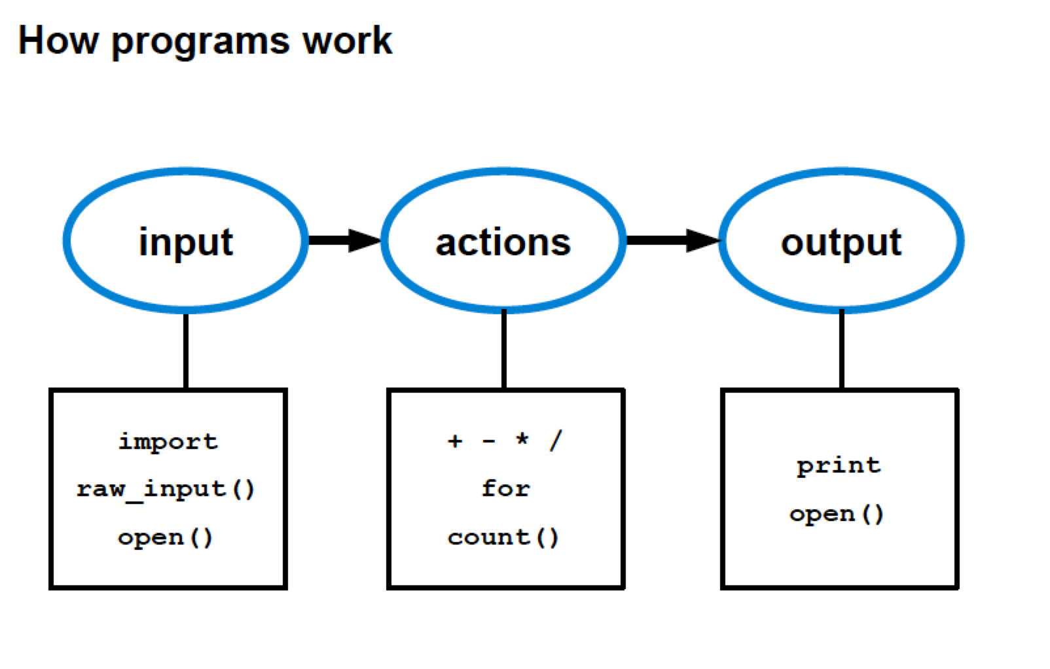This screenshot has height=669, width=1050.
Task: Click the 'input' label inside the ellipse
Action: click(x=185, y=242)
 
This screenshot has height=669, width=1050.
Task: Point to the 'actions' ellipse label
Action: click(x=503, y=242)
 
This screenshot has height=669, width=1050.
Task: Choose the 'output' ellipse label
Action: click(x=841, y=242)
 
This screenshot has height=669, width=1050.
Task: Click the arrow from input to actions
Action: click(x=343, y=240)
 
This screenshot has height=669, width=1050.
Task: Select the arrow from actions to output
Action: click(x=671, y=240)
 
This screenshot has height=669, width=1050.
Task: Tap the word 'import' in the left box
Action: click(x=168, y=442)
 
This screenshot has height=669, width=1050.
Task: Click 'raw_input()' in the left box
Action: click(x=166, y=490)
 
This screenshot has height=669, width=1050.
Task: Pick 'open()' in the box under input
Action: click(x=165, y=538)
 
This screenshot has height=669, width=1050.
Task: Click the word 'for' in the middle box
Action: click(x=505, y=488)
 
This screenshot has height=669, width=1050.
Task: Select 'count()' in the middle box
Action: click(x=503, y=537)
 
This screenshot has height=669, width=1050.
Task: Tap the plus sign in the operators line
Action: click(x=454, y=441)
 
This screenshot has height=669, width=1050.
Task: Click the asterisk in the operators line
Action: click(x=522, y=439)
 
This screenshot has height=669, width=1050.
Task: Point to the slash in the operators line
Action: click(x=555, y=441)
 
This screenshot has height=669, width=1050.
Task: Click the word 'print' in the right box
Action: click(x=839, y=466)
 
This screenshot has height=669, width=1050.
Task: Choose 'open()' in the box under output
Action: click(x=837, y=514)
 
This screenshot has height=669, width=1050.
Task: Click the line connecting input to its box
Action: click(x=186, y=351)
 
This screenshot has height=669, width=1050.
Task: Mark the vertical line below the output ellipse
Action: click(x=841, y=350)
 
